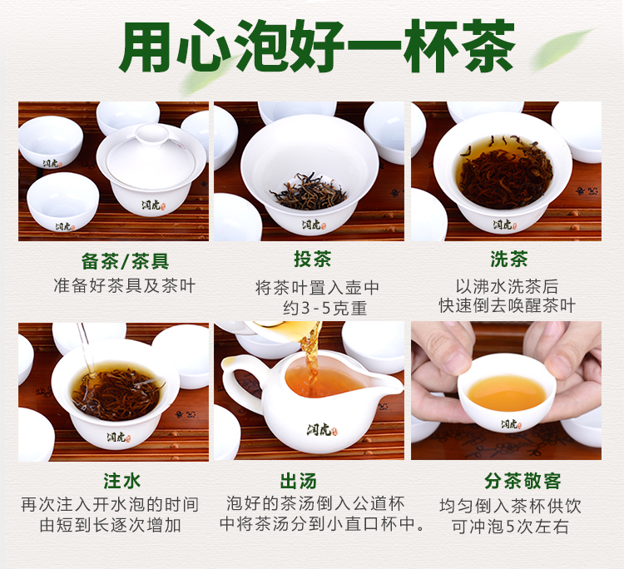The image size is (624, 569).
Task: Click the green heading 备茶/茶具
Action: (x=126, y=261)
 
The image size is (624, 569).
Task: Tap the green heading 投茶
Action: (x=312, y=259)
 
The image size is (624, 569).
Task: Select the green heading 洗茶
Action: (x=509, y=259)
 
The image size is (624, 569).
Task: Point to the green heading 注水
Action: (x=121, y=481)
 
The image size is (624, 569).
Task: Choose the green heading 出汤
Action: (x=299, y=481)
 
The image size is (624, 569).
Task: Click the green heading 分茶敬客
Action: (x=522, y=481)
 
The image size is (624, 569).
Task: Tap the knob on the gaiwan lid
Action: (x=152, y=133)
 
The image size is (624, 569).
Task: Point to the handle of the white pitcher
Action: (x=235, y=380)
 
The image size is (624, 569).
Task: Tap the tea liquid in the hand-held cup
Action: (x=507, y=393)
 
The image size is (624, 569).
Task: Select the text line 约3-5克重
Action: (x=324, y=309)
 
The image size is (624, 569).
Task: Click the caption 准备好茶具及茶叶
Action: (x=125, y=285)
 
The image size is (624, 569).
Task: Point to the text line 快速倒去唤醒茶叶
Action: (x=508, y=305)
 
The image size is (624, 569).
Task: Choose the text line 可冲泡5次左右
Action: (x=510, y=526)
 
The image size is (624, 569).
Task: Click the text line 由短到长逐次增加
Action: (x=110, y=525)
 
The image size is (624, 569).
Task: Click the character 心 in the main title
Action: (x=203, y=47)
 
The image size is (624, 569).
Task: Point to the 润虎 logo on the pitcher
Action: (x=321, y=430)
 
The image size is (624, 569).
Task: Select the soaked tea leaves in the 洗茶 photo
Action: (x=505, y=175)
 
